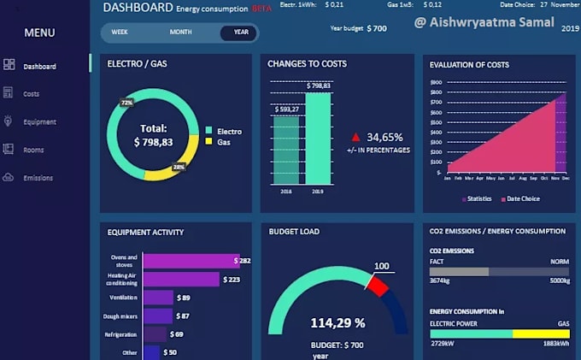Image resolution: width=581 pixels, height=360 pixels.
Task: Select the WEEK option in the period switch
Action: click(x=120, y=32)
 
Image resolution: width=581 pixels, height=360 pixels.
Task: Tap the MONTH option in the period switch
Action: click(x=180, y=32)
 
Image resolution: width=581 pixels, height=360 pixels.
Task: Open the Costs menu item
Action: click(x=32, y=94)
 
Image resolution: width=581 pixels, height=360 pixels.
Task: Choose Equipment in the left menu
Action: click(x=39, y=122)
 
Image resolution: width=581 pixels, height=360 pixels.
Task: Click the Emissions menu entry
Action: click(x=38, y=178)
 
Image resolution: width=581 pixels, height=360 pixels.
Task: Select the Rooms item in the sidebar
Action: click(x=33, y=150)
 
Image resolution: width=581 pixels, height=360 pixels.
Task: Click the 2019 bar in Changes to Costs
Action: click(x=318, y=139)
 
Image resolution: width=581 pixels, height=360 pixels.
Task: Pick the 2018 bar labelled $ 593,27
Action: click(x=286, y=150)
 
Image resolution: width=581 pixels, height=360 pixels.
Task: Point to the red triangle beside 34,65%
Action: click(x=355, y=137)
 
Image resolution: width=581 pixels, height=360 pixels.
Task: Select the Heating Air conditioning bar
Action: click(x=181, y=279)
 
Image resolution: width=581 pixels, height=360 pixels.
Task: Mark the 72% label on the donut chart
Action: click(x=127, y=103)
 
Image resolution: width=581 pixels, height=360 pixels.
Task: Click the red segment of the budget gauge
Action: click(x=378, y=285)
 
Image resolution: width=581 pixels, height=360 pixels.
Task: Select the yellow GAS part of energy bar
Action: click(x=540, y=334)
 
